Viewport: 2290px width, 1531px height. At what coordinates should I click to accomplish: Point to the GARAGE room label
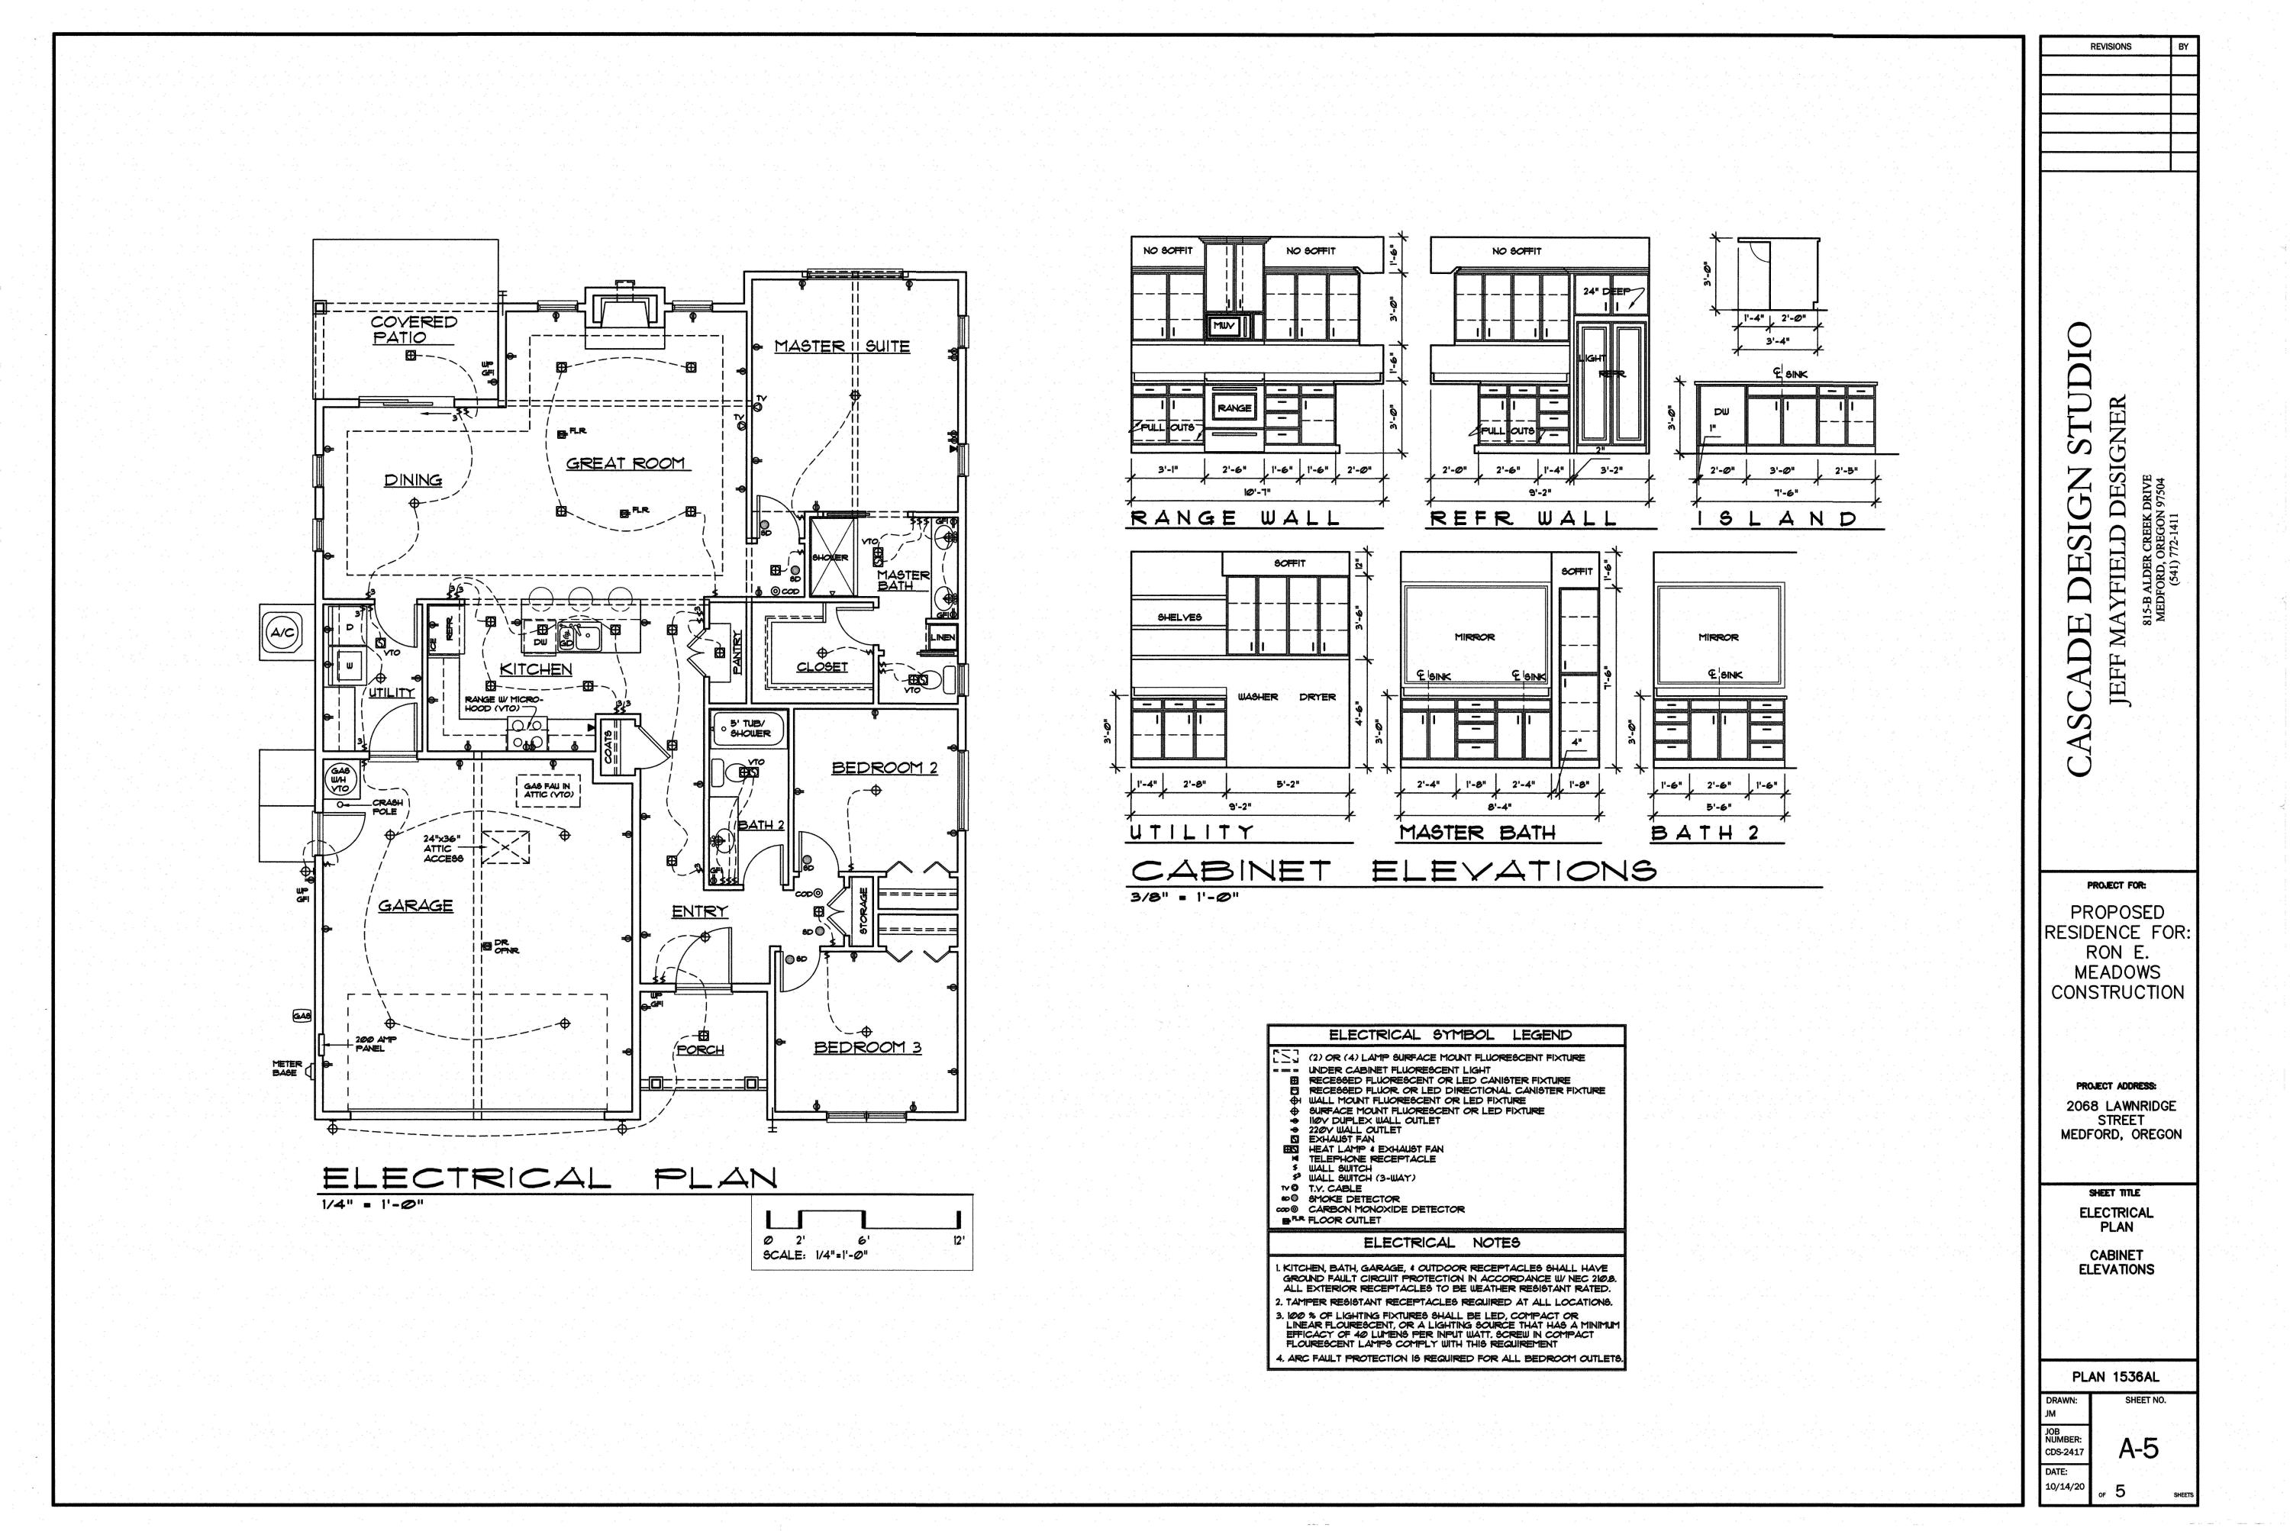point(415,906)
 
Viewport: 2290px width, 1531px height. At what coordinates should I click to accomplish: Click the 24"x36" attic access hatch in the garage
point(506,846)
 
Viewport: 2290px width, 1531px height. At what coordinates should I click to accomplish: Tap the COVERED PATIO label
point(412,329)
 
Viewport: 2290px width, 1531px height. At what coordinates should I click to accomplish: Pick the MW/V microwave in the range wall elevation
point(1224,325)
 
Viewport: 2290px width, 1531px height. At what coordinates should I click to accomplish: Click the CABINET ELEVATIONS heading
point(1394,870)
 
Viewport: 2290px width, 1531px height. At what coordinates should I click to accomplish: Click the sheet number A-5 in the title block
point(2137,1450)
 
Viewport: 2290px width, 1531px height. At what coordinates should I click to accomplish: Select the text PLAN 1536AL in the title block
point(2115,1377)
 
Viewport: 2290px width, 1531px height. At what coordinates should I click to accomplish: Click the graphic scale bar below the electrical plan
point(863,1220)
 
